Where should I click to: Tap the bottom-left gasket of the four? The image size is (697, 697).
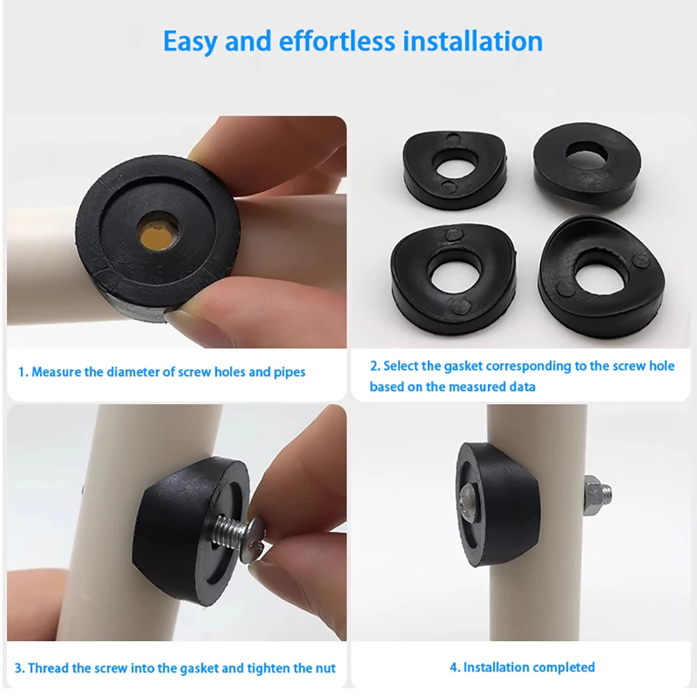pyautogui.click(x=453, y=279)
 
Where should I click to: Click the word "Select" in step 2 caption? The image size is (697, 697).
pyautogui.click(x=402, y=366)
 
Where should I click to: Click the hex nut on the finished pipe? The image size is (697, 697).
pyautogui.click(x=595, y=493)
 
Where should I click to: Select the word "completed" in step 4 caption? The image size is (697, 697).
pyautogui.click(x=563, y=668)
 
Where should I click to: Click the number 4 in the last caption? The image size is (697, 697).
pyautogui.click(x=453, y=668)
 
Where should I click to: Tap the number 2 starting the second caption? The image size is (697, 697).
pyautogui.click(x=374, y=366)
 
